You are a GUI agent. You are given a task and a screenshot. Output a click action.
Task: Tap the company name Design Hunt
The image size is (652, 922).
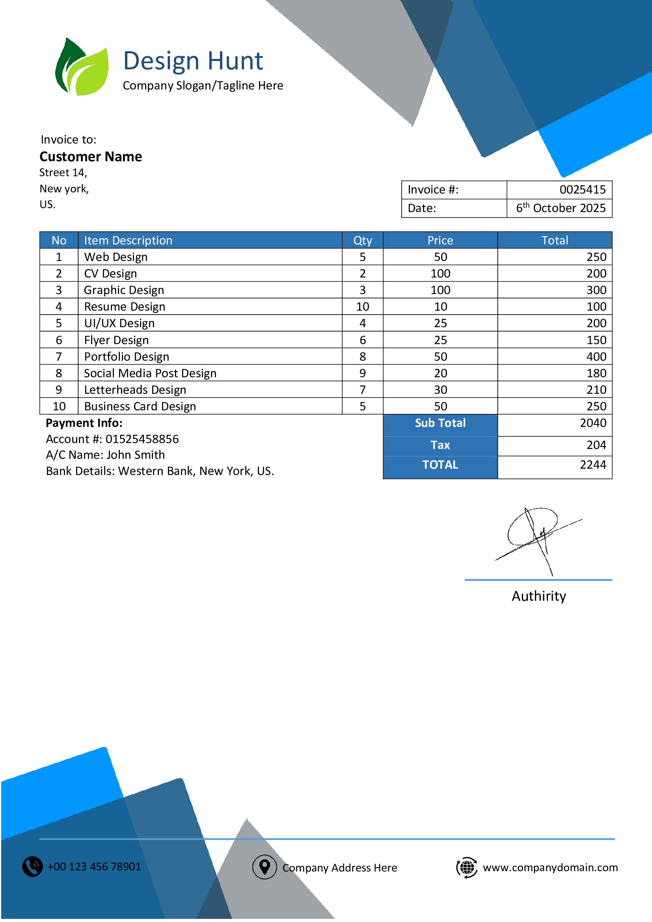click(x=193, y=61)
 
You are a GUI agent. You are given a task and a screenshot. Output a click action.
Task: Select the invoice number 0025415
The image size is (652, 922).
click(x=582, y=190)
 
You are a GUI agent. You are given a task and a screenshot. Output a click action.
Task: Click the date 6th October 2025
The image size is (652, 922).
click(x=561, y=208)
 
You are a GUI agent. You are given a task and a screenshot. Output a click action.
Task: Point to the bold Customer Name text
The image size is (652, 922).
click(x=91, y=156)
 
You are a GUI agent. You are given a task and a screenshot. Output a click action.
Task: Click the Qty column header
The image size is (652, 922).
click(x=363, y=240)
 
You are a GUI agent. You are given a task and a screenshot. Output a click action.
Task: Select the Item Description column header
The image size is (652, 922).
click(x=128, y=240)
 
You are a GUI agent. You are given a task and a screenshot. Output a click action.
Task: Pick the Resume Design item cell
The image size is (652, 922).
click(x=125, y=307)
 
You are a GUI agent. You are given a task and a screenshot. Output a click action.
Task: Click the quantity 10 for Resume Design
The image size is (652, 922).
click(x=363, y=307)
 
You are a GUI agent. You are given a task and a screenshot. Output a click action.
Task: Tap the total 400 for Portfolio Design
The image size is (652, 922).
click(x=596, y=357)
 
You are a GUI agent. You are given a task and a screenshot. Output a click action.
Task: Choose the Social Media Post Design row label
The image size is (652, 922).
click(x=150, y=373)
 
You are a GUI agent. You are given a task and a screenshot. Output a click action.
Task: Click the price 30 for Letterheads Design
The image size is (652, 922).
click(x=440, y=390)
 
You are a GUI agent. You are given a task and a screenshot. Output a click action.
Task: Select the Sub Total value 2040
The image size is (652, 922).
click(x=593, y=423)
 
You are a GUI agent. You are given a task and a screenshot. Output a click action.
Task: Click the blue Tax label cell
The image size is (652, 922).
click(x=440, y=445)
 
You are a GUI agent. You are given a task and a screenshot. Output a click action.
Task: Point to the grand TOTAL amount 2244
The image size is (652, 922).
click(x=593, y=465)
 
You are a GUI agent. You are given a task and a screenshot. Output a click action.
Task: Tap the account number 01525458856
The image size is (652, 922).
click(x=142, y=439)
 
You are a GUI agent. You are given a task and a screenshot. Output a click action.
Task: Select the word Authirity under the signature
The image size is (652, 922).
click(x=539, y=596)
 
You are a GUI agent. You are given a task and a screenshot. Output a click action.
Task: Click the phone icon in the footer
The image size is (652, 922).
click(x=32, y=866)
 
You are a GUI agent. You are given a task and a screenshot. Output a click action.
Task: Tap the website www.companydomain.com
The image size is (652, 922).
click(x=550, y=867)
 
